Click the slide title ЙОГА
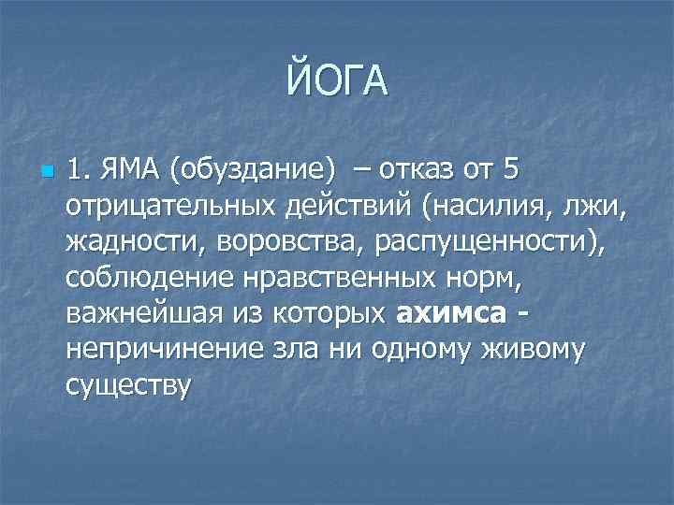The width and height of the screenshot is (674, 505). (x=337, y=79)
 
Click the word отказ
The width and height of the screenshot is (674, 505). (x=421, y=174)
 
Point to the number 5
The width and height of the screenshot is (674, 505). (x=510, y=174)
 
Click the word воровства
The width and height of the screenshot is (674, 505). (x=289, y=243)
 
